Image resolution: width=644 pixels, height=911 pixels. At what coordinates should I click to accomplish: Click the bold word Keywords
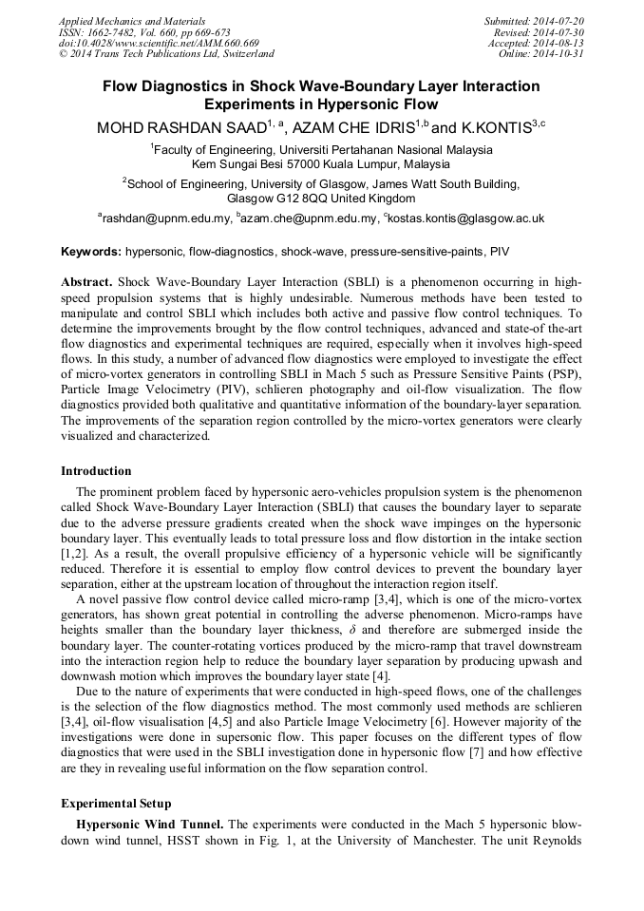[91, 253]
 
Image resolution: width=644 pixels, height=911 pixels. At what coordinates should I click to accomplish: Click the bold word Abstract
[86, 283]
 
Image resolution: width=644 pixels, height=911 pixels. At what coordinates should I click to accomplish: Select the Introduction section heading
[96, 471]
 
